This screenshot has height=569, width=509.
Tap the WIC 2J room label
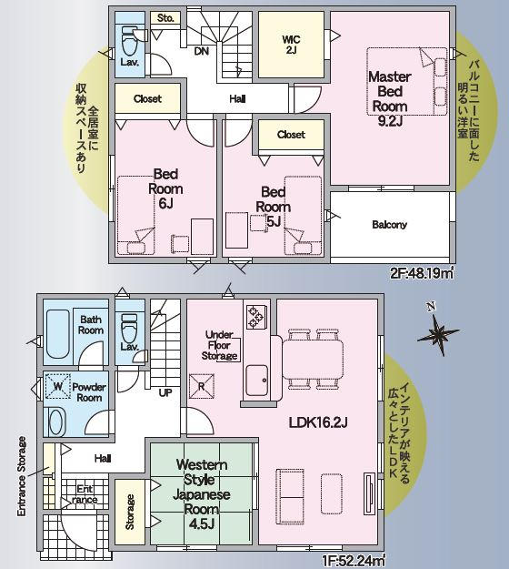(x=291, y=45)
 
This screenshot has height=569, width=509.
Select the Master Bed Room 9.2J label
(x=389, y=98)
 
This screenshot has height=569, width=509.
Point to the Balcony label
(x=389, y=225)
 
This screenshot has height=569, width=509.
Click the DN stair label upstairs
(x=202, y=51)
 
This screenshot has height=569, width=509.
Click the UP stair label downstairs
(x=165, y=392)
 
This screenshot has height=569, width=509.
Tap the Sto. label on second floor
(x=166, y=18)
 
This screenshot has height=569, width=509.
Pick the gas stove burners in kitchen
(x=256, y=317)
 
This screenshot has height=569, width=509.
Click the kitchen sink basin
(x=257, y=381)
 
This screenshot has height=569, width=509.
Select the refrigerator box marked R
(x=202, y=386)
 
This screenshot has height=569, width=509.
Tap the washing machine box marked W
(x=58, y=387)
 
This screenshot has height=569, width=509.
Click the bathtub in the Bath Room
(x=58, y=334)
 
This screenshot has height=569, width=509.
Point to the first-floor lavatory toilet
(x=129, y=328)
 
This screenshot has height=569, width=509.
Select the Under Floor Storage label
(x=220, y=345)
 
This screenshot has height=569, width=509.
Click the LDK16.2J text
(x=318, y=422)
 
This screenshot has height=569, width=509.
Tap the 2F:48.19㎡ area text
(x=422, y=273)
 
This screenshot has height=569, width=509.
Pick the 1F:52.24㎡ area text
(x=354, y=562)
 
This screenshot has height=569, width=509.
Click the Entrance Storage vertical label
(x=22, y=476)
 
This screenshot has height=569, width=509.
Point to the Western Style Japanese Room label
(x=201, y=494)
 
